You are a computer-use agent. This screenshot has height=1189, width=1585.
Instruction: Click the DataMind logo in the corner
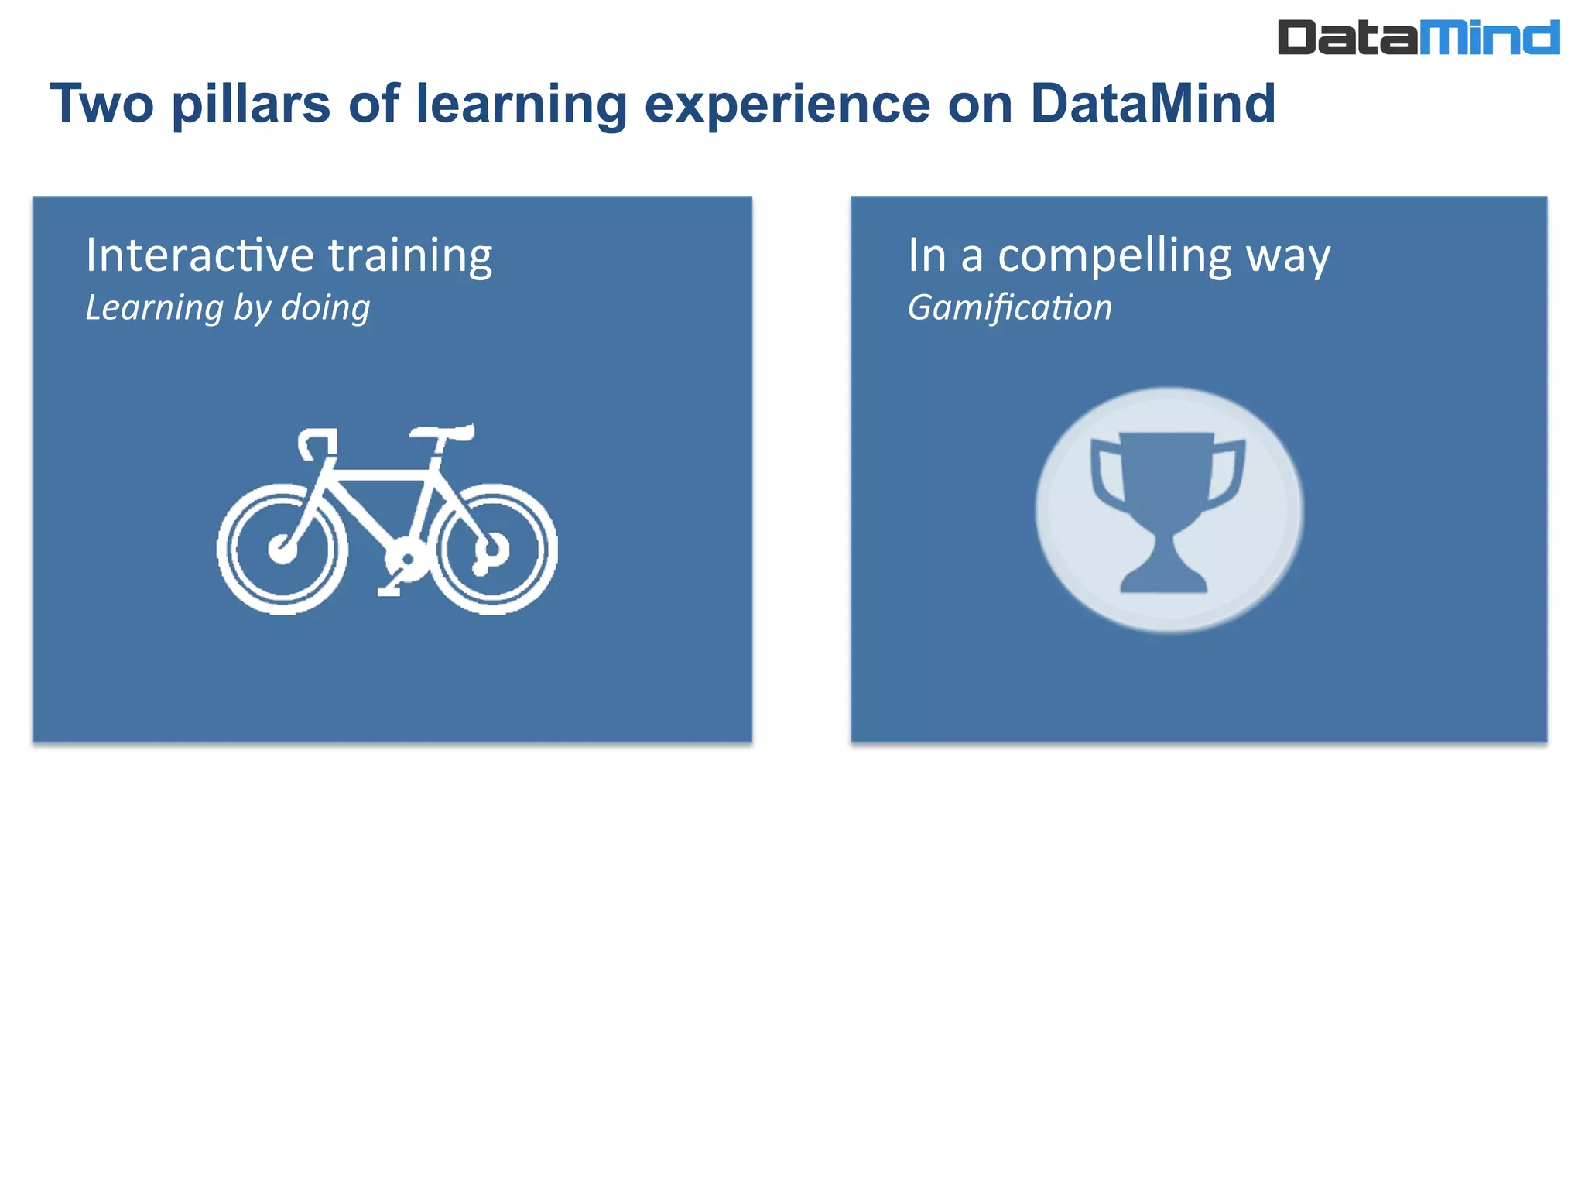(x=1418, y=37)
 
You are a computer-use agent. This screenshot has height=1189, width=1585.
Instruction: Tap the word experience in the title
(x=786, y=104)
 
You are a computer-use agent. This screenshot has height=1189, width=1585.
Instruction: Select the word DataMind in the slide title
(x=1152, y=104)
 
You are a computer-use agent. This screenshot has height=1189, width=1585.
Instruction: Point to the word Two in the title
(x=101, y=104)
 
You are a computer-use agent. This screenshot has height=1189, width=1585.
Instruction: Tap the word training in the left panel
(x=410, y=256)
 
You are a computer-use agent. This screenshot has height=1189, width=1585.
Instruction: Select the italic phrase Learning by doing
(x=228, y=308)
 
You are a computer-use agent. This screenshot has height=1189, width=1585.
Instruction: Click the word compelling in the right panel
(x=1114, y=256)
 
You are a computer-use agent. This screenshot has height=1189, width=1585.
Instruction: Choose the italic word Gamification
(x=1009, y=308)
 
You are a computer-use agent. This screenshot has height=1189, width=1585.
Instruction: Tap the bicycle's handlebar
(x=317, y=441)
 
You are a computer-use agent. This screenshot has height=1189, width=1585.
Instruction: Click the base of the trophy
(x=1164, y=581)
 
